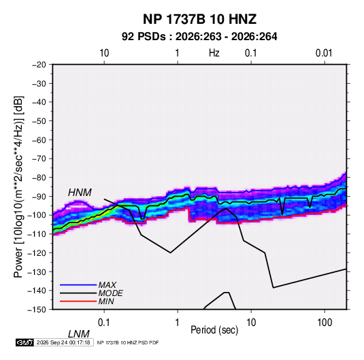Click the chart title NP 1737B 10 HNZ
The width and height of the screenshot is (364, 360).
(199, 19)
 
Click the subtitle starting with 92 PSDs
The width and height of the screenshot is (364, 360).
(199, 37)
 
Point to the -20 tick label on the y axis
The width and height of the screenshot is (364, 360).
(39, 65)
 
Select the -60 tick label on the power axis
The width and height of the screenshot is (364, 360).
(39, 140)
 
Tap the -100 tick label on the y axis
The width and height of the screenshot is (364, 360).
(37, 215)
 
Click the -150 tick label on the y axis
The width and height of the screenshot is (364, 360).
(37, 310)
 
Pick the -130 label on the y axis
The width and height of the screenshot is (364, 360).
(37, 272)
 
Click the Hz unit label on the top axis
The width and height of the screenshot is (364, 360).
(214, 53)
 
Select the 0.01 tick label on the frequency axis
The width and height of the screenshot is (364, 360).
(324, 53)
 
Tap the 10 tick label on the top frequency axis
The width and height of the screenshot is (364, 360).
(104, 53)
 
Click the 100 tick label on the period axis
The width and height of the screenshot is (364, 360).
(325, 323)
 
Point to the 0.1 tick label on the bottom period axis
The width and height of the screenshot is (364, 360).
(104, 323)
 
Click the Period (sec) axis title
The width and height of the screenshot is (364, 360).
(214, 330)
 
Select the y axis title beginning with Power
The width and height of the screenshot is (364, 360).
(18, 187)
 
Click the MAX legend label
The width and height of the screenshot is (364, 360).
(107, 285)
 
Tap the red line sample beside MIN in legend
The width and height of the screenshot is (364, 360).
(78, 301)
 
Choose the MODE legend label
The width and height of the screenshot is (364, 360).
(110, 293)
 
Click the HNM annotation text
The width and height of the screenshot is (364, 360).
(80, 193)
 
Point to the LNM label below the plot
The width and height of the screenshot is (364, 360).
(79, 334)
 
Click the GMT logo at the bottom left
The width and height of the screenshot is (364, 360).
(25, 342)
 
